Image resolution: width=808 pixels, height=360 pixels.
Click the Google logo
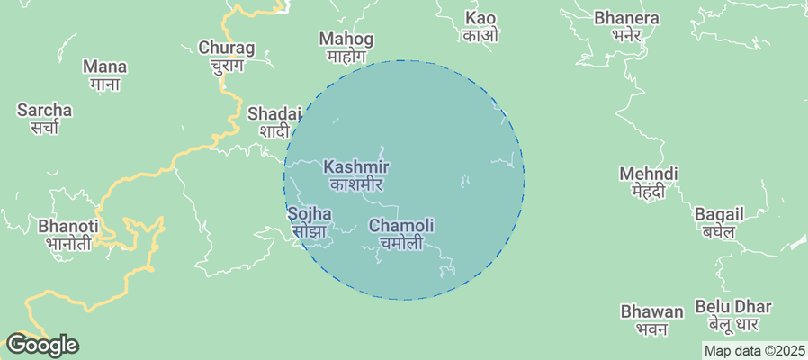41,344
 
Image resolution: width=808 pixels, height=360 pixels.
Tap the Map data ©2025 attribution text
754,351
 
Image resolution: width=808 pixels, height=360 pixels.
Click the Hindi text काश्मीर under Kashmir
356,184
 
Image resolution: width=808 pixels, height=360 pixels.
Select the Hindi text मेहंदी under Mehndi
648,191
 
